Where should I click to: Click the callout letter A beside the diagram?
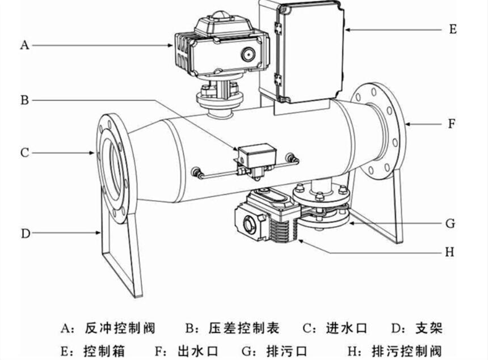pos(24,45)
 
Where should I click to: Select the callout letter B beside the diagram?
pos(24,100)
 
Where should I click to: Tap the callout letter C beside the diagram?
pos(24,153)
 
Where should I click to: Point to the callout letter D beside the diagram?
pos(26,233)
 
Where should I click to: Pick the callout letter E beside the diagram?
pos(453,29)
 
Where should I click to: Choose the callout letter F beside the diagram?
pos(452,124)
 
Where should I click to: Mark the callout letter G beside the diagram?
pos(451,223)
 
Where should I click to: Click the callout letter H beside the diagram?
pos(450,252)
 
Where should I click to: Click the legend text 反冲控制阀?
pos(120,328)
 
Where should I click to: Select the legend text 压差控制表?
pos(244,328)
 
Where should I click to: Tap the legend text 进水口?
pos(347,328)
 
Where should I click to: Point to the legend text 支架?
pos(429,328)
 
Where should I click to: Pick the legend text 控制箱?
pos(104,351)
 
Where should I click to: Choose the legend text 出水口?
pos(197,351)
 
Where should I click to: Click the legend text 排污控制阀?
pos(407,351)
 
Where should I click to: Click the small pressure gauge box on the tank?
pos(257,155)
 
